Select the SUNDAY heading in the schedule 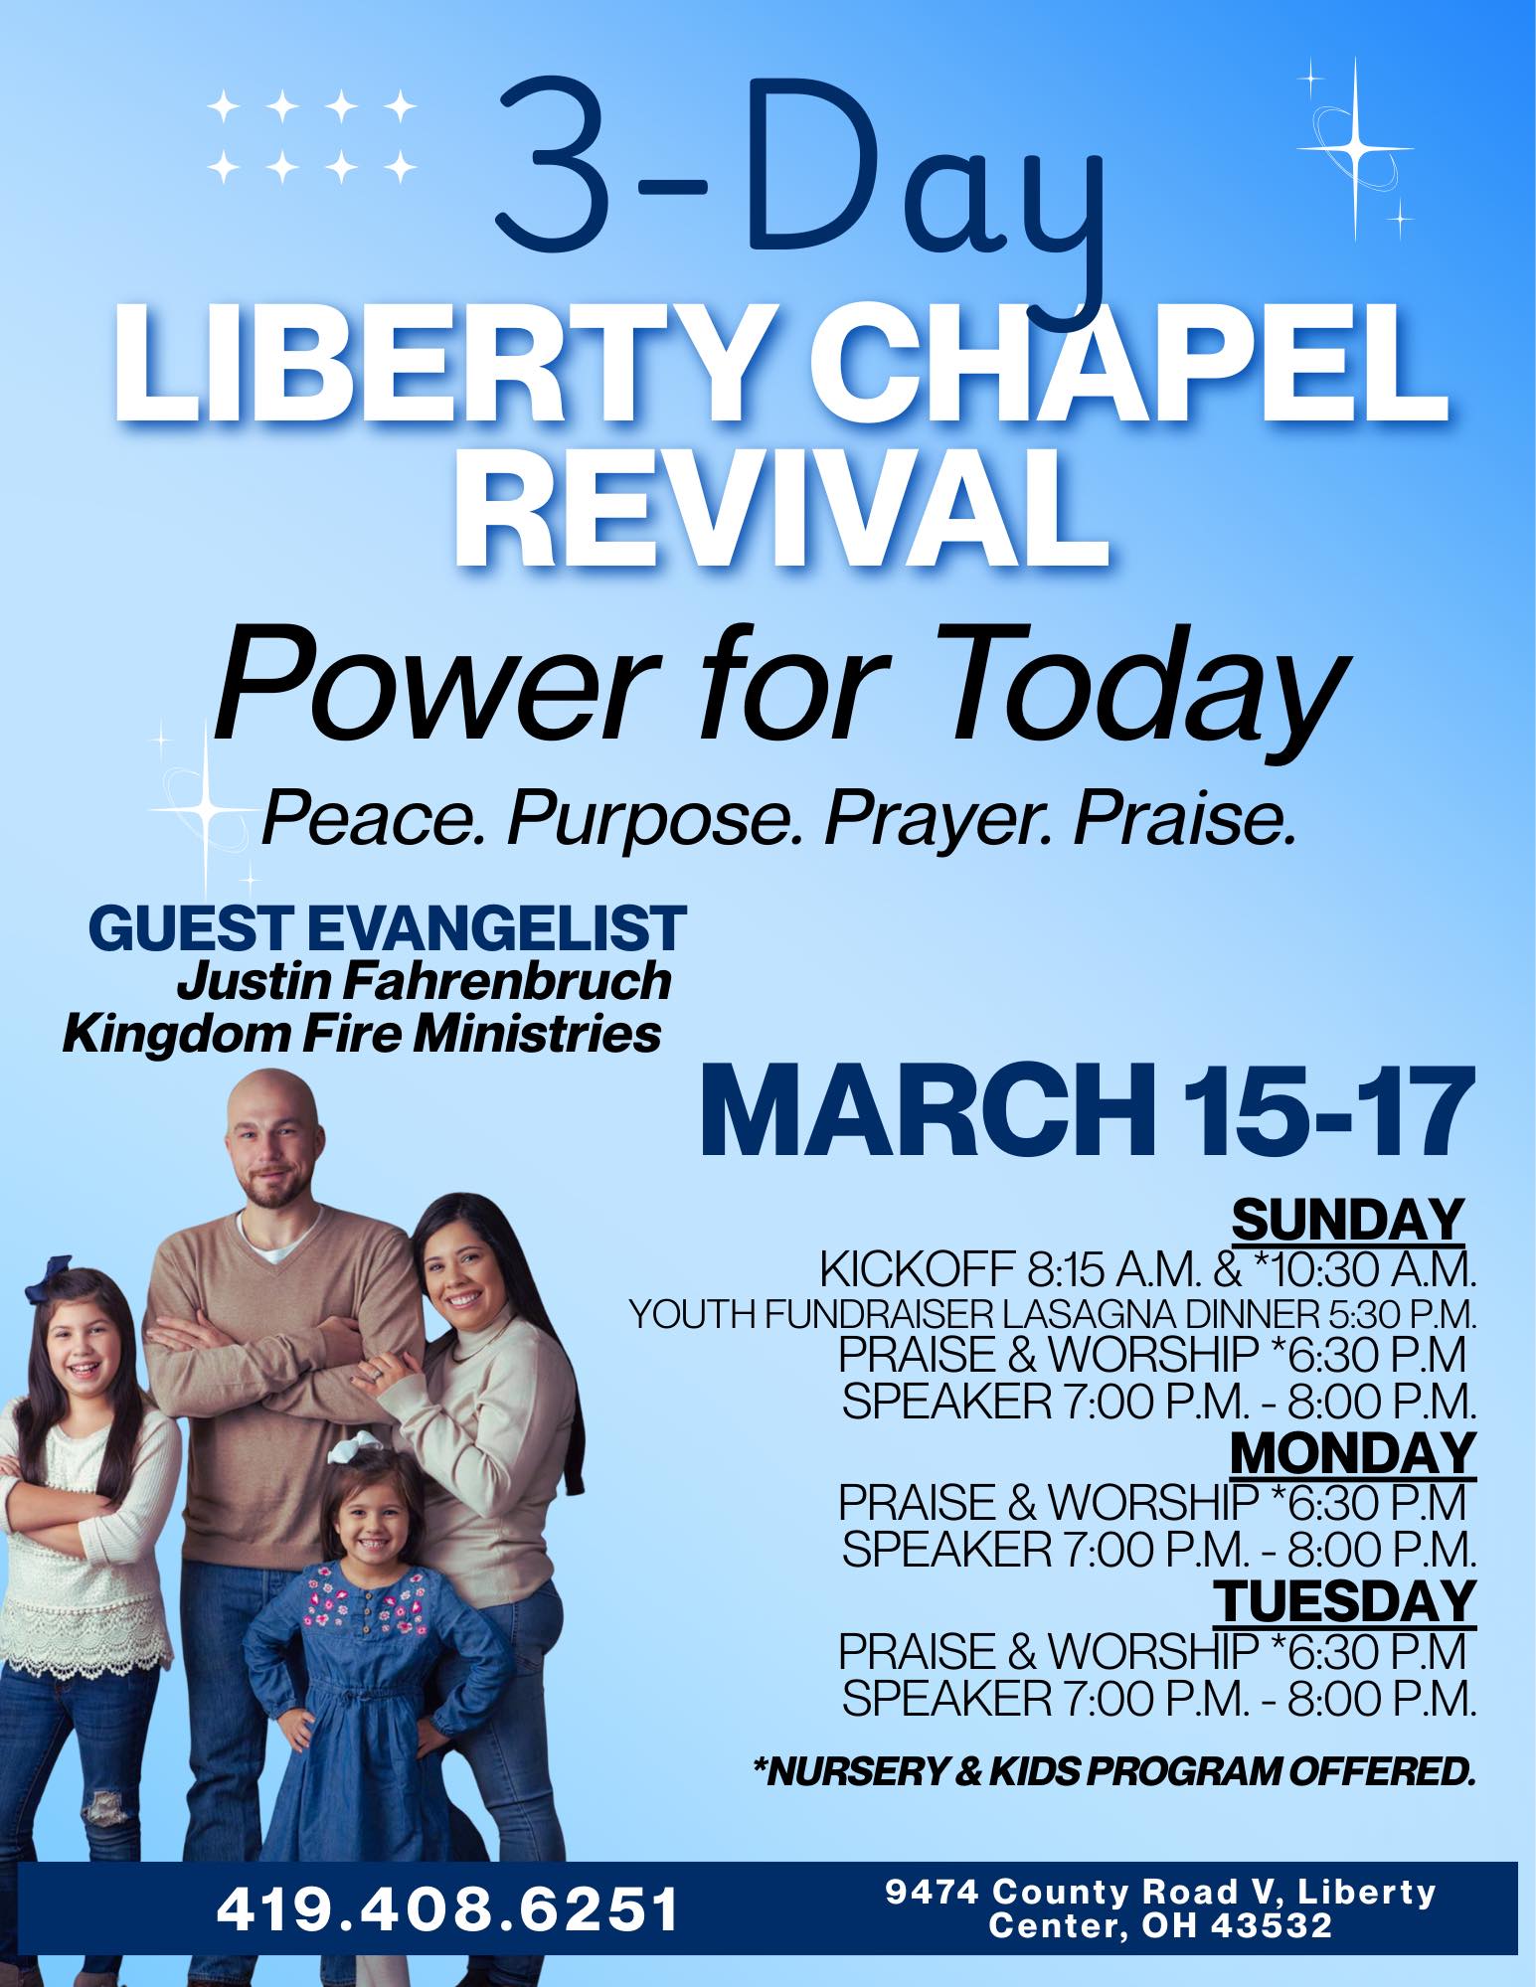point(1347,1220)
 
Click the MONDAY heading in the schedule point(1353,1454)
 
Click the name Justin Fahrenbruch point(424,982)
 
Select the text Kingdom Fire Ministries point(362,1035)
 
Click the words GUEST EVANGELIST point(388,928)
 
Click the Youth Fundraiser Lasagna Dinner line point(1053,1315)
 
